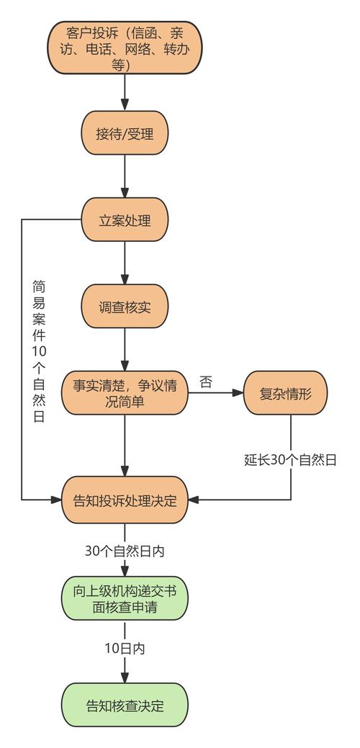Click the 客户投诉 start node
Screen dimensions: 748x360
tap(125, 47)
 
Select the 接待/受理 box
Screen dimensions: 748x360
tap(125, 133)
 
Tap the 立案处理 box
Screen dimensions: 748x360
tap(125, 220)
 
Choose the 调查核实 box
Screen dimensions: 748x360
tap(125, 307)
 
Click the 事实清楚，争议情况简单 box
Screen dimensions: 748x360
tap(125, 393)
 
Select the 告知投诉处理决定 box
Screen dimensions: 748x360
tap(125, 500)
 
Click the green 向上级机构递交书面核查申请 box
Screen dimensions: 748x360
tap(125, 599)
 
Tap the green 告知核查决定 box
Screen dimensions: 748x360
tap(125, 706)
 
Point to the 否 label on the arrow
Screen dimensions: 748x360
tap(206, 382)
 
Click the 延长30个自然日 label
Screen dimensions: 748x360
tap(291, 459)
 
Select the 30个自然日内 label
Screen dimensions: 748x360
tap(125, 551)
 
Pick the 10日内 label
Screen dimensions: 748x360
tap(125, 649)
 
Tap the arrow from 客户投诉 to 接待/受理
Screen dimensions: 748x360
tap(125, 92)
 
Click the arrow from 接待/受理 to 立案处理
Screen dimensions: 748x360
tap(125, 176)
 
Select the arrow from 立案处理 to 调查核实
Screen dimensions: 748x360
tap(125, 263)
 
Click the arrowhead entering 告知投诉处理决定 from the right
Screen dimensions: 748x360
tap(194, 500)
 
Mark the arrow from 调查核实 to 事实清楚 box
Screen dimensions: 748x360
tap(125, 350)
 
